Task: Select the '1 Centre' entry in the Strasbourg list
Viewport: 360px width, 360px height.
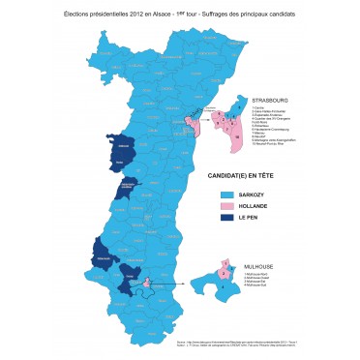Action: pyautogui.click(x=257, y=107)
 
